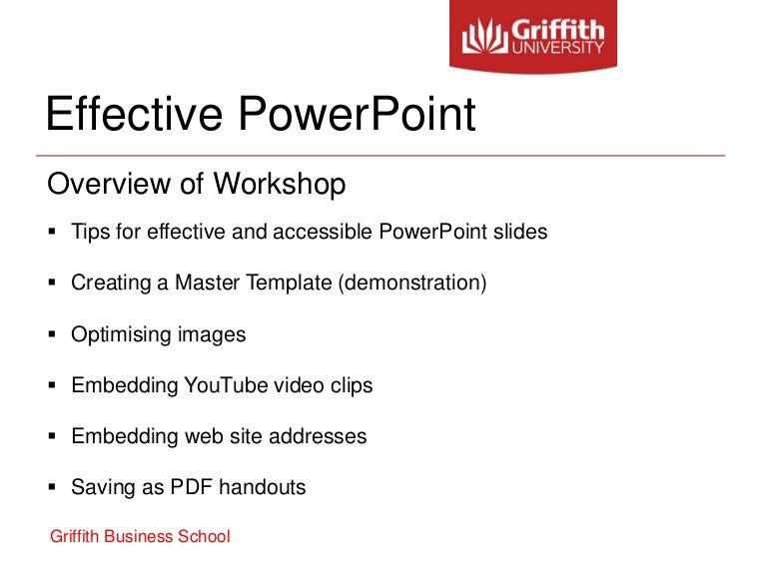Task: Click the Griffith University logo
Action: [x=533, y=36]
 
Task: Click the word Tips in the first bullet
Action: [x=89, y=233]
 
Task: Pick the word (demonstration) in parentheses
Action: [x=411, y=284]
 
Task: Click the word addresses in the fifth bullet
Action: [x=320, y=436]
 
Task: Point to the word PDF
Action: [x=190, y=488]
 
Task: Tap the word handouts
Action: [x=262, y=488]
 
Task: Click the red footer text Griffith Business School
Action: [x=140, y=537]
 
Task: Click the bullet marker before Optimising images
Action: [x=52, y=334]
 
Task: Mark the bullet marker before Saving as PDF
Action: [x=52, y=488]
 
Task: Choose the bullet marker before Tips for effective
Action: [x=52, y=233]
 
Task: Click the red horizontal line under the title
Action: [x=380, y=157]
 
